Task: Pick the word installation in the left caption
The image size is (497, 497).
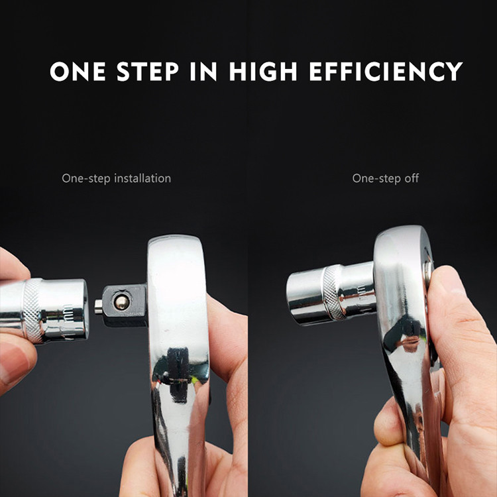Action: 142,178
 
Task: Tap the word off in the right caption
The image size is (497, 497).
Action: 411,178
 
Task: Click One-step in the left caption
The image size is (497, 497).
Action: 86,178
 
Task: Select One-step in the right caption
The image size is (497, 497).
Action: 376,178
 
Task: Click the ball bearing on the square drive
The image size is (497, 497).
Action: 121,302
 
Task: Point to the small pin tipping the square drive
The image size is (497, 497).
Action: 99,306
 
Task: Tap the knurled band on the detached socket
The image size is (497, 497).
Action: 34,309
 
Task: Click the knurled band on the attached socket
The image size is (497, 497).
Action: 333,294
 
